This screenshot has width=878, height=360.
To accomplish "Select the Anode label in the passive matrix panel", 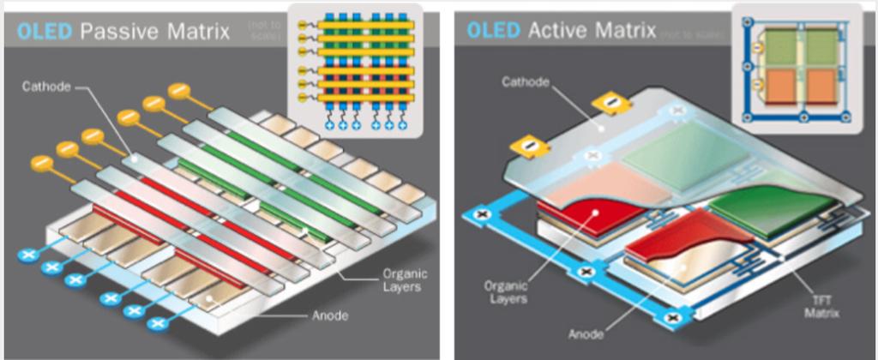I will [330, 315].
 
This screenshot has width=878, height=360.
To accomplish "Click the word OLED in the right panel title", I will [492, 31].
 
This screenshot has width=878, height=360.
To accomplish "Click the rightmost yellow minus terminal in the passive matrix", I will [180, 89].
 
